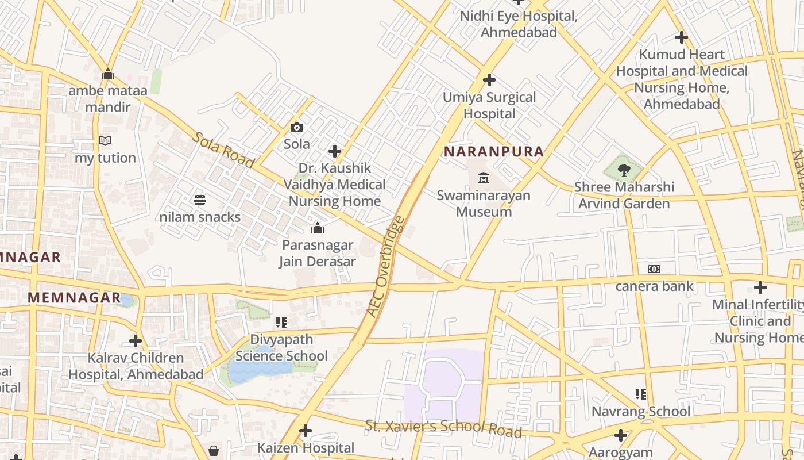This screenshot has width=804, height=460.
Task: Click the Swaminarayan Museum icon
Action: click(x=484, y=178)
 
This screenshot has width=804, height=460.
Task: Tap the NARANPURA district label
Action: click(x=494, y=152)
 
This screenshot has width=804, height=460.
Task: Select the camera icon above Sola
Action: click(x=297, y=127)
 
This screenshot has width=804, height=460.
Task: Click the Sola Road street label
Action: click(x=223, y=150)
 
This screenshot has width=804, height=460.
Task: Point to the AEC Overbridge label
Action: click(x=385, y=266)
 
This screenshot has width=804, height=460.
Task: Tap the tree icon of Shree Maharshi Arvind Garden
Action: click(x=624, y=170)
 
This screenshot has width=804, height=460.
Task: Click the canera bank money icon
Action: click(x=654, y=269)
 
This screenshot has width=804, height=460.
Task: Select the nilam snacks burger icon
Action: click(x=200, y=200)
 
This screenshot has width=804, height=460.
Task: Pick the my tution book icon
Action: click(x=105, y=141)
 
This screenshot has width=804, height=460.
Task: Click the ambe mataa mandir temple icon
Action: click(x=108, y=74)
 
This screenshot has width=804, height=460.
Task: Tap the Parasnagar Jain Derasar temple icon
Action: click(x=318, y=228)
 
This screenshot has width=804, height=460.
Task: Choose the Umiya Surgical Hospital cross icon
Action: click(x=489, y=80)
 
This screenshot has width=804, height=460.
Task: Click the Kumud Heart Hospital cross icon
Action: click(x=682, y=37)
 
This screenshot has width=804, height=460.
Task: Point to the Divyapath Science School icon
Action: click(x=281, y=323)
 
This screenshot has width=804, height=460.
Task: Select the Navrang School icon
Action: click(x=641, y=394)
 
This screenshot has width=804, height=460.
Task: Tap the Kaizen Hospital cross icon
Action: click(x=306, y=430)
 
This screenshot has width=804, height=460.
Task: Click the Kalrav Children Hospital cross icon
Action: click(x=136, y=341)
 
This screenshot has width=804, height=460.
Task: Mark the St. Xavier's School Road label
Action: click(x=443, y=428)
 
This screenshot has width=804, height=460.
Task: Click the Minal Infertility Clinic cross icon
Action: click(x=760, y=287)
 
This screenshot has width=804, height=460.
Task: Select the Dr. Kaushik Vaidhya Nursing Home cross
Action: click(x=335, y=151)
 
